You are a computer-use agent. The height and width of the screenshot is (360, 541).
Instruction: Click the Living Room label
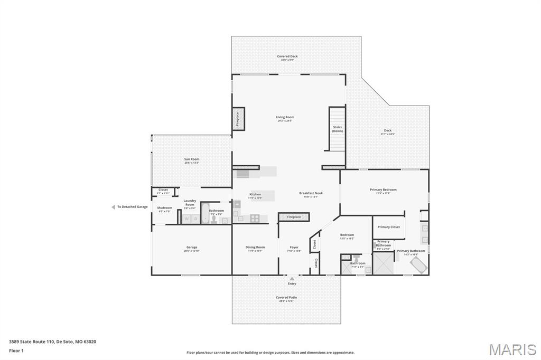285,117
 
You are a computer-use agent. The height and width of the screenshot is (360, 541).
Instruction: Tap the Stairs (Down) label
337,129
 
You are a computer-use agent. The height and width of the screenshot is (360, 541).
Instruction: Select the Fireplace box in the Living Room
238,119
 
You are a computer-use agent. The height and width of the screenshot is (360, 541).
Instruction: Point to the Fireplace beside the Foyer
294,217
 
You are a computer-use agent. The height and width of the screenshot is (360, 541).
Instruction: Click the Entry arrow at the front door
292,278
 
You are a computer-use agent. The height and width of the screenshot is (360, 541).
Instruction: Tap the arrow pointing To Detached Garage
113,207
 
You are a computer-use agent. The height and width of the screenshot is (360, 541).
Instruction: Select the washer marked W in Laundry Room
186,219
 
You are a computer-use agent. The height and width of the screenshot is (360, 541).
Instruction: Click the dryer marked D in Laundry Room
195,219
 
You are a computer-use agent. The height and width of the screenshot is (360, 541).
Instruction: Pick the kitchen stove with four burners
255,217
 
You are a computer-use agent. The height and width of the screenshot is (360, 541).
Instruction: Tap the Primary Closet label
388,227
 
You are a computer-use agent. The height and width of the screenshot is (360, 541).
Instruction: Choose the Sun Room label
192,159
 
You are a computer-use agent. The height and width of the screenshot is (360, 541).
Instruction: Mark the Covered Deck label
287,56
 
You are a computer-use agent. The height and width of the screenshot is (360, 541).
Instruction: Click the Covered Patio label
286,297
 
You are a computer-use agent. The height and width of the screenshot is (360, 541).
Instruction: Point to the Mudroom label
164,207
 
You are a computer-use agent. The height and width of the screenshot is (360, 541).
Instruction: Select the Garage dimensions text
192,251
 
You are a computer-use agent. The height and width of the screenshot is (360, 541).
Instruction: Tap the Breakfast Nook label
311,193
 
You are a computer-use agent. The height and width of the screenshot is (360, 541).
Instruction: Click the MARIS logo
512,349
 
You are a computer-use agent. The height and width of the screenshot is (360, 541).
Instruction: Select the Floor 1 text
16,350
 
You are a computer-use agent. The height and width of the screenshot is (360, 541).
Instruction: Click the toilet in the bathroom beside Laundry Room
214,219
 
